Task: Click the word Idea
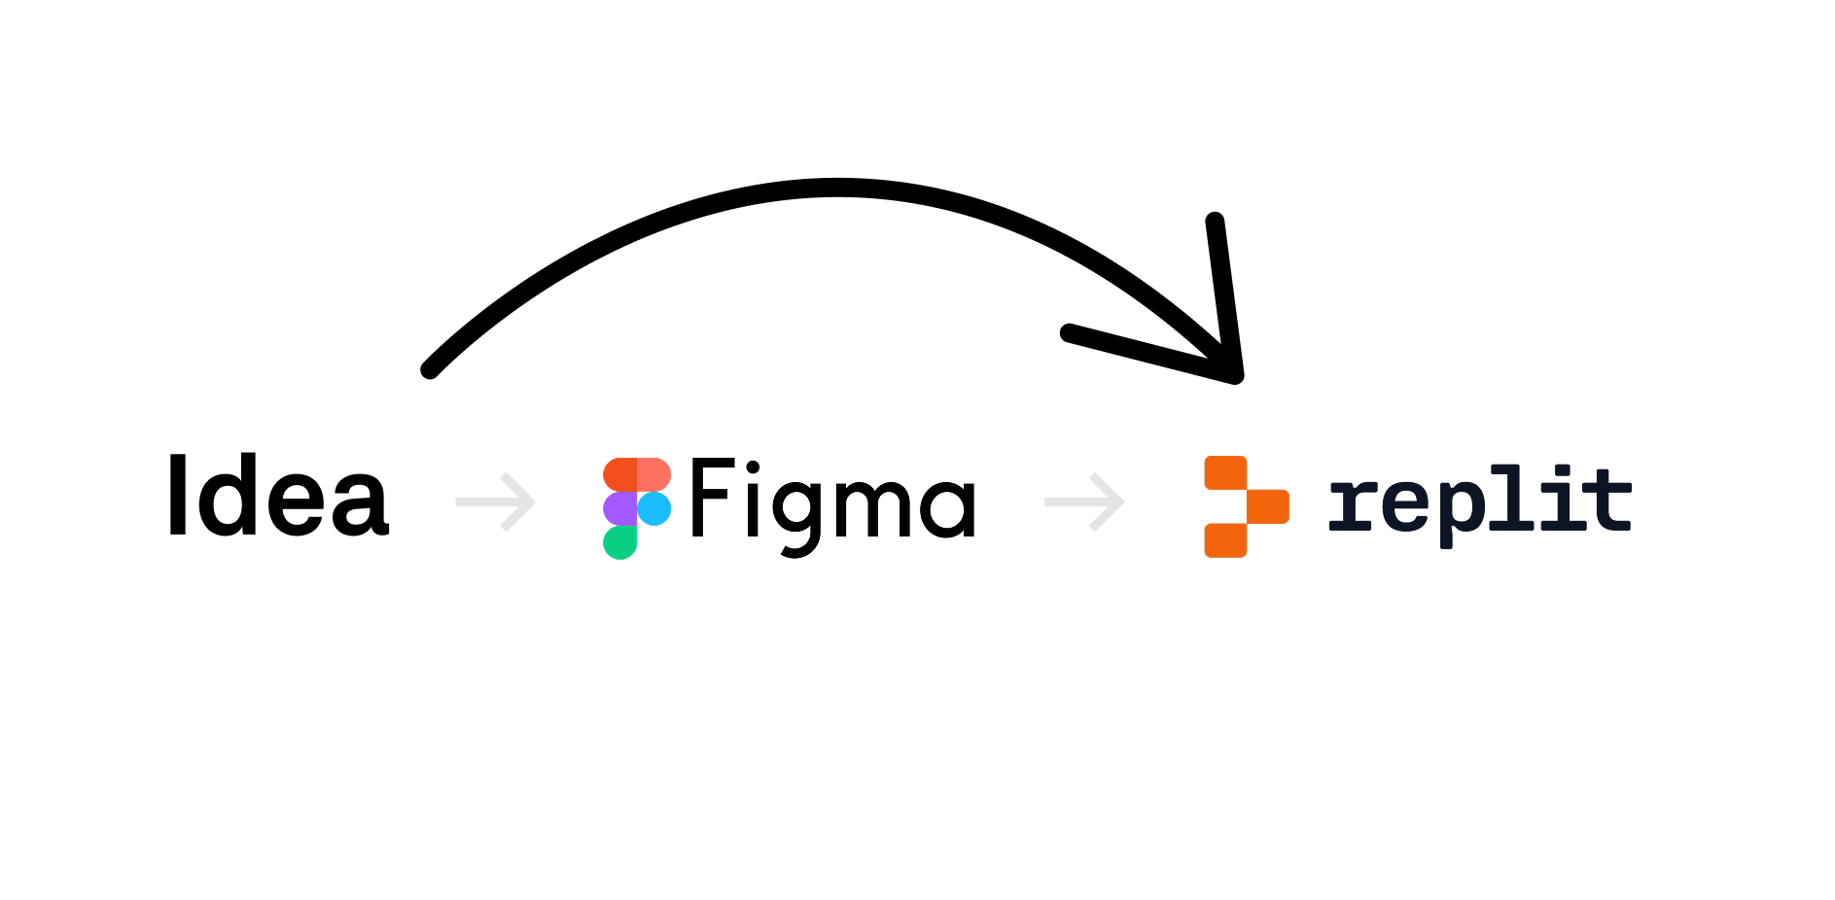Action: tap(278, 496)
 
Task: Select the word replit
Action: tap(1479, 502)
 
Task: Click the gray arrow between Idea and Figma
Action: tap(496, 502)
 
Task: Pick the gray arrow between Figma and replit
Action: tap(1084, 502)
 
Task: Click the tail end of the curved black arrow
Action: tap(430, 369)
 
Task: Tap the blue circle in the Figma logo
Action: tap(654, 508)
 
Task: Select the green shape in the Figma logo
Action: tap(619, 542)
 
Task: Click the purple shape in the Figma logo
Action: tap(619, 508)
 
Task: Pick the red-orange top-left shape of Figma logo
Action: tap(619, 474)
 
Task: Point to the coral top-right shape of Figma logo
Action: tap(654, 474)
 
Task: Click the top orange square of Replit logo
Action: tap(1225, 472)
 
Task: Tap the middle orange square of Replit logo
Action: tap(1267, 506)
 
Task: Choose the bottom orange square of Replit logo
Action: tap(1225, 540)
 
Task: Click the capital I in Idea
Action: tap(177, 495)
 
